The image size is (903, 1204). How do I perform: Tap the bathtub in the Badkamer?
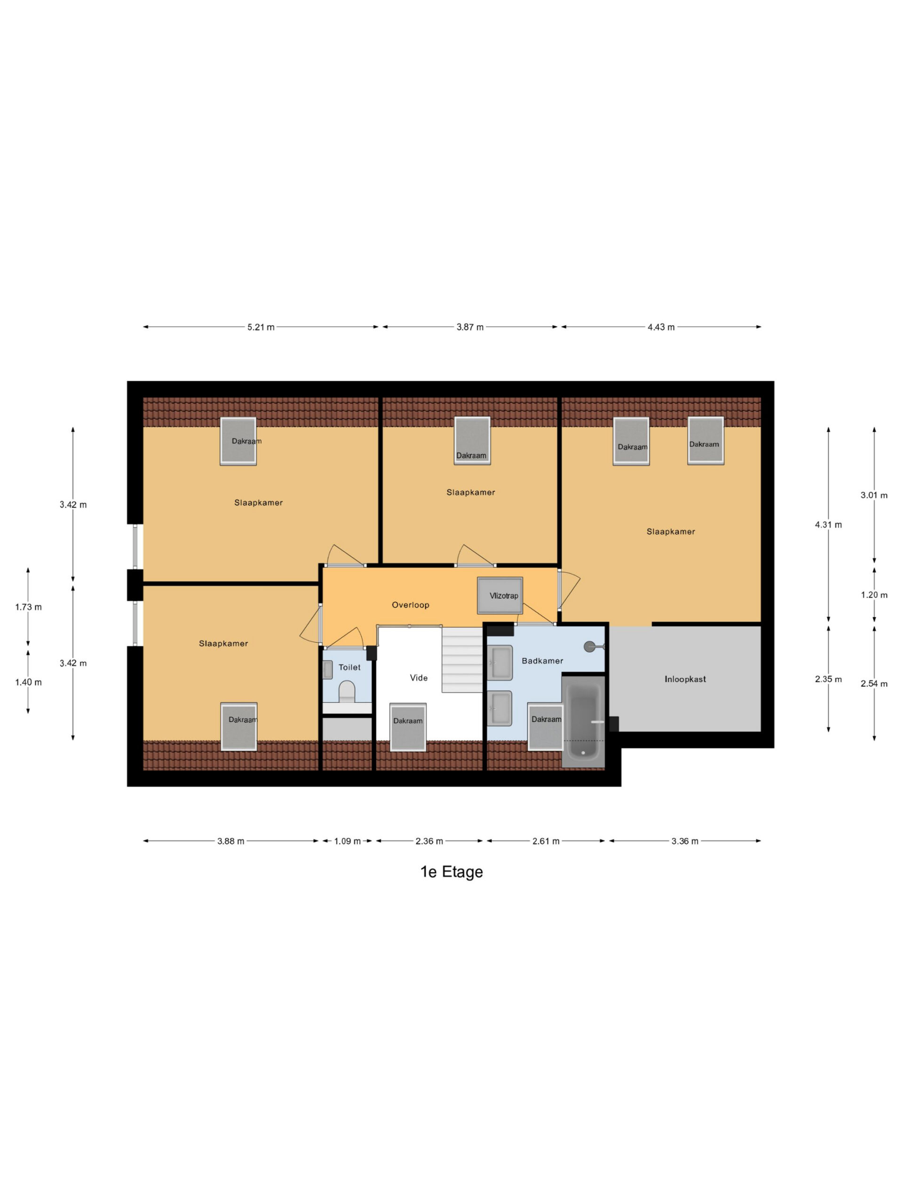(x=583, y=721)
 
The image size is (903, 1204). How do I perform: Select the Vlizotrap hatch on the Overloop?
(x=499, y=595)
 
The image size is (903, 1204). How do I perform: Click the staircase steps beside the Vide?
(x=461, y=659)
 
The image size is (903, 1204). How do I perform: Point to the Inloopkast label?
(x=685, y=679)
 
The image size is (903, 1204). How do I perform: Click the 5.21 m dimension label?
(x=261, y=327)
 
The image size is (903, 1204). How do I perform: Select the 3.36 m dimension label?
(x=684, y=841)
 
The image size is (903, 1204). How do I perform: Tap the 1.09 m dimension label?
(x=347, y=841)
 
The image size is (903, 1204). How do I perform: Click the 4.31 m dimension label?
(x=828, y=525)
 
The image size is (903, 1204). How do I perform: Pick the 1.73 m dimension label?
(x=28, y=607)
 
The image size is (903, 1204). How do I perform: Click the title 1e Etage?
(x=451, y=872)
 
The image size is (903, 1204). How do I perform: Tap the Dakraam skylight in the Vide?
(x=408, y=727)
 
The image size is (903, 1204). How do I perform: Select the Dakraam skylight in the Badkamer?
(x=546, y=726)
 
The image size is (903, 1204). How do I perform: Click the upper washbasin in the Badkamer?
(x=499, y=662)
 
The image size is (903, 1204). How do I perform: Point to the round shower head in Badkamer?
(x=589, y=647)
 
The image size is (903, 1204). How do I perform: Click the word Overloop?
(x=411, y=605)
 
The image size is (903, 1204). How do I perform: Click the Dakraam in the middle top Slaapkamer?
(x=472, y=440)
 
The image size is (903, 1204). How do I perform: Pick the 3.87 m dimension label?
(x=470, y=327)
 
